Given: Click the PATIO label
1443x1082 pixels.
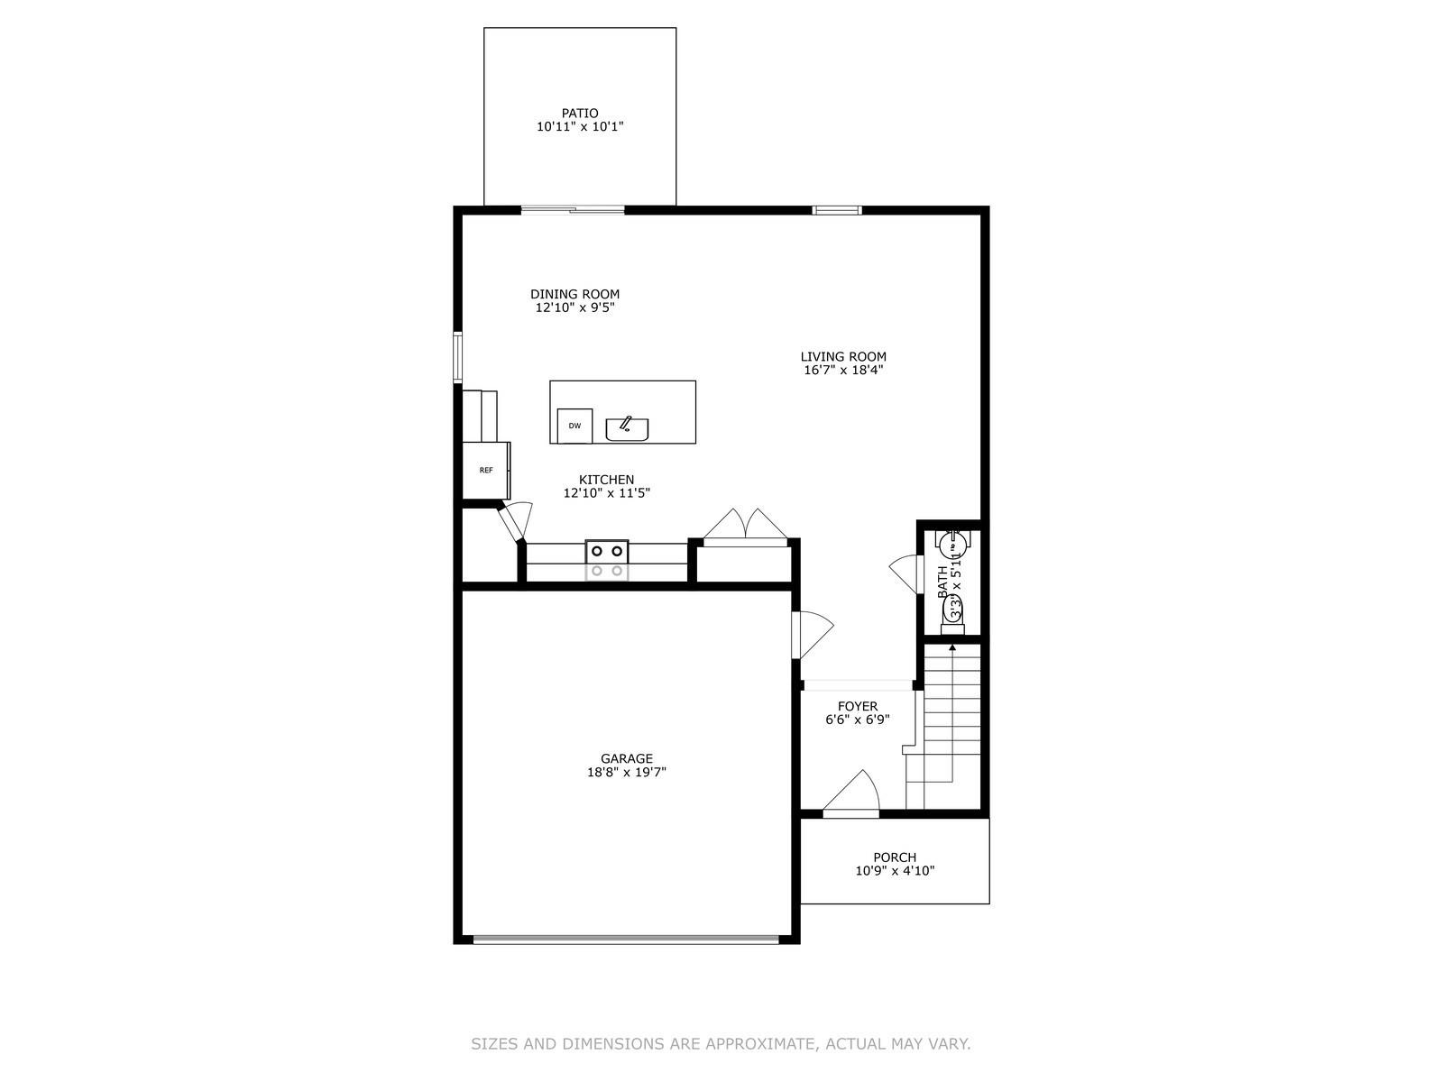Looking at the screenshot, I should coord(579,114).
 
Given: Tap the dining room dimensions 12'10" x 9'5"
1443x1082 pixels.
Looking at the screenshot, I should coord(574,307).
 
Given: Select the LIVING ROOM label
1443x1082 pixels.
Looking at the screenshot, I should coord(843,356).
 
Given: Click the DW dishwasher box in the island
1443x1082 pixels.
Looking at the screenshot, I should coord(574,426).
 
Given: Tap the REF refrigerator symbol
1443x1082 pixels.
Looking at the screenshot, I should coord(486,470).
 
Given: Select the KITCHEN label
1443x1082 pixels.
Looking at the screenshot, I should coord(606,480).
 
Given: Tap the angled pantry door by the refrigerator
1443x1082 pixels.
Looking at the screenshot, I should coord(515,522).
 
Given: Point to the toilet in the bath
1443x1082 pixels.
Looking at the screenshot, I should coord(952,614).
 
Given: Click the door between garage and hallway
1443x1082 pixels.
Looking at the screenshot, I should coord(811,634).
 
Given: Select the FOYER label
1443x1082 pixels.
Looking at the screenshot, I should coord(857,706).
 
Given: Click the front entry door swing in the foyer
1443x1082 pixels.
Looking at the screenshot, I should coord(853,793).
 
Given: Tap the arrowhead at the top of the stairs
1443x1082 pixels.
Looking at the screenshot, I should coord(952,647).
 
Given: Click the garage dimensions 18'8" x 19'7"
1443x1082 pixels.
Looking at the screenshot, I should coord(626,773).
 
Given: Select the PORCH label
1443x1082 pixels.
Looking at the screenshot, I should coord(894,857).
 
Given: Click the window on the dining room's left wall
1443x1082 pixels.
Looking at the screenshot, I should coord(457,357).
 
